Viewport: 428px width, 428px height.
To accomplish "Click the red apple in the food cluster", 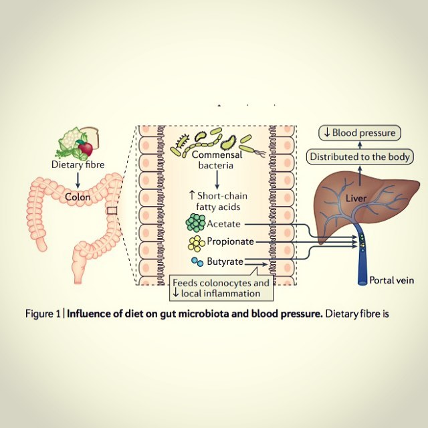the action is point(86,148).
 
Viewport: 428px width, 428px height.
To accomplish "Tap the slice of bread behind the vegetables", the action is point(91,136).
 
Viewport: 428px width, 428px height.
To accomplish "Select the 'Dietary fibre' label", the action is point(78,165).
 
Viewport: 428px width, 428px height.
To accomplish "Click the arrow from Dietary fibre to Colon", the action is point(78,180).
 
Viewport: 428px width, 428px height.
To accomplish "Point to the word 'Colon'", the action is point(78,197).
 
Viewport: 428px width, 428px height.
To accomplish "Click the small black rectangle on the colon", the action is point(112,211).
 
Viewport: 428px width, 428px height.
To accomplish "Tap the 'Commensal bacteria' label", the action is point(217,160).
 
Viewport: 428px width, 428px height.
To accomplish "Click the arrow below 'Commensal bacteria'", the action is point(217,180).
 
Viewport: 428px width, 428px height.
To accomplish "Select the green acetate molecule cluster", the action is point(195,222).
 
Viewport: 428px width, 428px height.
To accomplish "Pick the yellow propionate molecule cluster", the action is point(196,243).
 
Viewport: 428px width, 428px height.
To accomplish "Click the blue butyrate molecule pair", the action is point(197,261).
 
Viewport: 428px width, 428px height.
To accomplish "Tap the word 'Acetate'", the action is point(224,224).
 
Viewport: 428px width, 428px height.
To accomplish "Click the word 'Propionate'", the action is point(230,241).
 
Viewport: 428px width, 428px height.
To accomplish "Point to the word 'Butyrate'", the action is point(225,261).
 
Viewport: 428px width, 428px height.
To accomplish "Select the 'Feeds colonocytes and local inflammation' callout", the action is point(221,288).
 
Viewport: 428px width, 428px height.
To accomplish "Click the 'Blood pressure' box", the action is point(360,133).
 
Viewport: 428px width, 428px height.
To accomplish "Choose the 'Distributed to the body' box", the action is point(360,156).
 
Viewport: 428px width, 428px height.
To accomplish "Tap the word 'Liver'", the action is point(356,198).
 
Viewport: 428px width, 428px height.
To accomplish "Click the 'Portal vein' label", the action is point(392,280).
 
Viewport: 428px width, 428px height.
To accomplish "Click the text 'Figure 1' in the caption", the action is point(43,314).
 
